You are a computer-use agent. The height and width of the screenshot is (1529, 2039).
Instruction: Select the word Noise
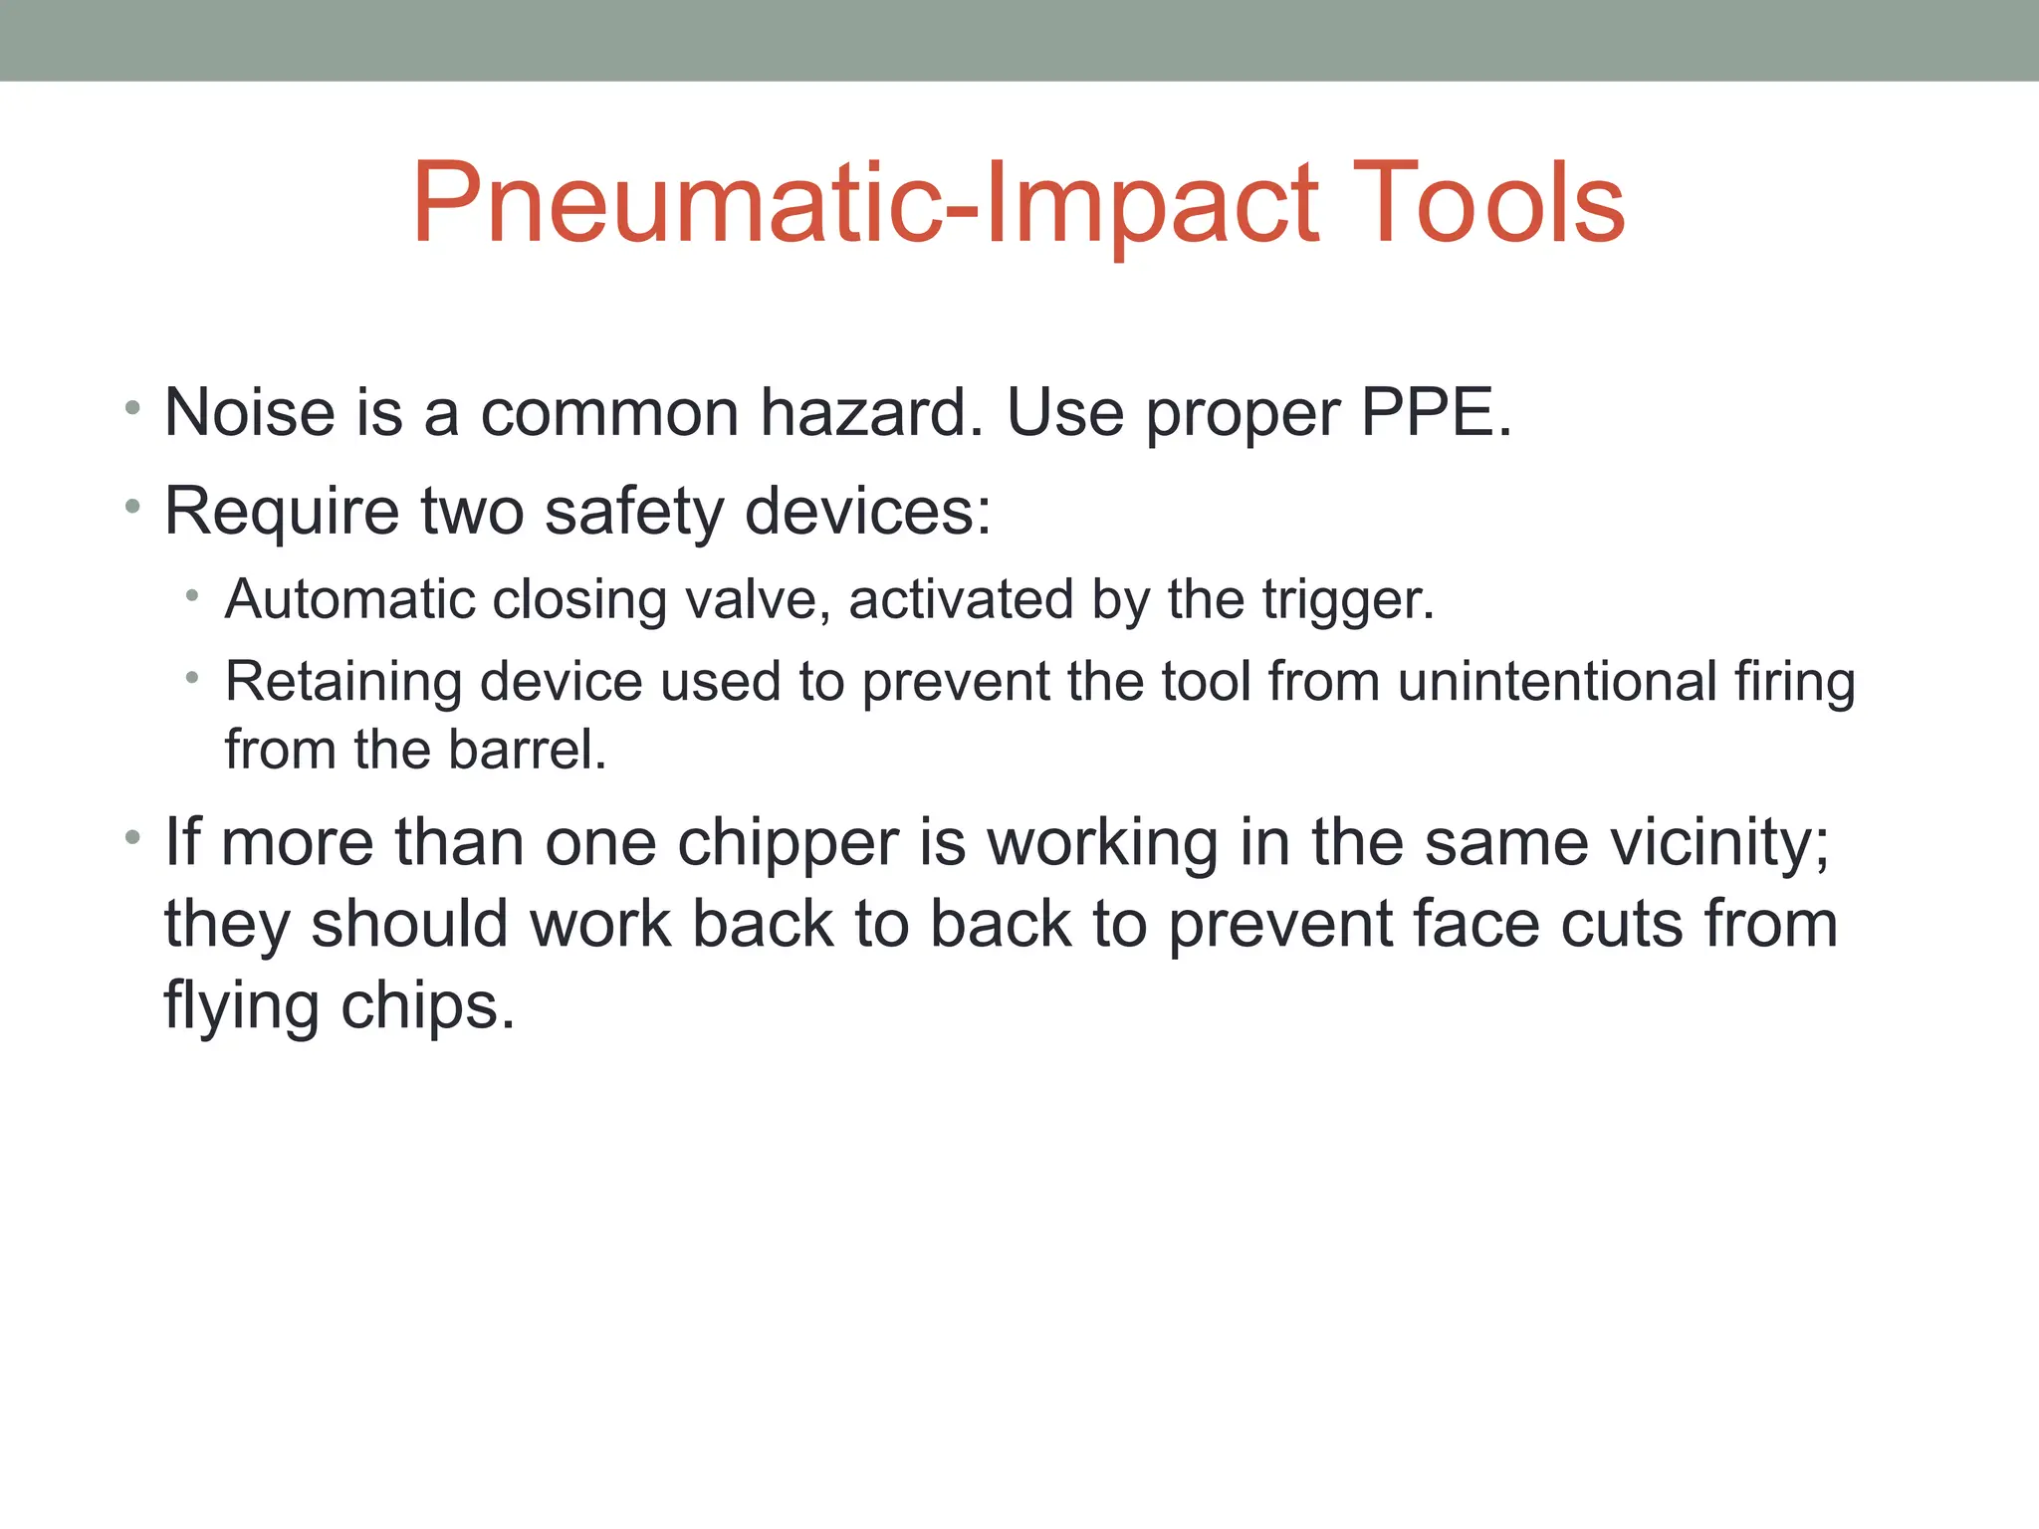click(250, 412)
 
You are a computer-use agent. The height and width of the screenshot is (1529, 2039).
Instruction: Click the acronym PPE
click(1435, 412)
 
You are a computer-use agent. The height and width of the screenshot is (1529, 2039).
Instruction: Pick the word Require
click(282, 511)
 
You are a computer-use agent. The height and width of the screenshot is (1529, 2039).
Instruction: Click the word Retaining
click(343, 682)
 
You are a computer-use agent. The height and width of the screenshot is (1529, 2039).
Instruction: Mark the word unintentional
click(1557, 682)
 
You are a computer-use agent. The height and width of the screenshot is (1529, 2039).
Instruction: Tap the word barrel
click(527, 750)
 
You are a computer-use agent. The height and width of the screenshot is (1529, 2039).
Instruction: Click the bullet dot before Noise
click(132, 408)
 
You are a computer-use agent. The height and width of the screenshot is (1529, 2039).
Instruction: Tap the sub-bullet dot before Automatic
click(192, 596)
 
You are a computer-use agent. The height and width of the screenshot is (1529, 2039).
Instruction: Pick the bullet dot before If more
click(132, 838)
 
